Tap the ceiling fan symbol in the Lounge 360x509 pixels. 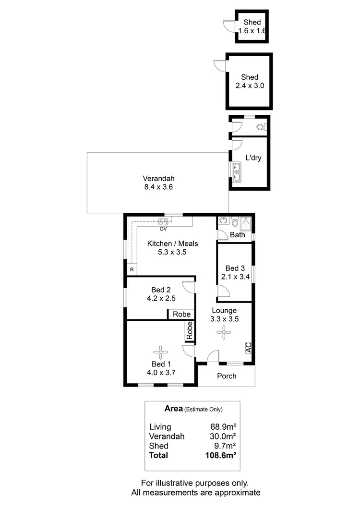[x=223, y=332]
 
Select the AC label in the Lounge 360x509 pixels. [x=248, y=347]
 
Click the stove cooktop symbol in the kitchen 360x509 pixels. [x=163, y=221]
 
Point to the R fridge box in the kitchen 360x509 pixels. [x=132, y=269]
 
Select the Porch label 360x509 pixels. [x=227, y=376]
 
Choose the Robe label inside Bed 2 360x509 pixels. [x=181, y=315]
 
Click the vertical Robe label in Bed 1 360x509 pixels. [x=190, y=331]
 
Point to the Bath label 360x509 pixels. [x=238, y=235]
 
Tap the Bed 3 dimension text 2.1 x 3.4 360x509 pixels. [x=236, y=277]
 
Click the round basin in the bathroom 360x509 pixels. [x=223, y=221]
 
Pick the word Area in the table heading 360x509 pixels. [x=173, y=409]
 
